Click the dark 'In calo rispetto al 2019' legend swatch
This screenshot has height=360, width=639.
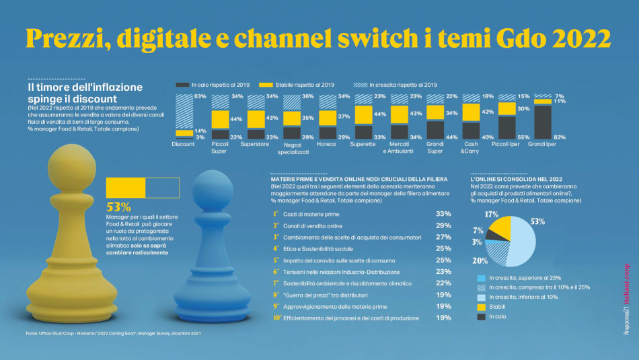coord(182,85)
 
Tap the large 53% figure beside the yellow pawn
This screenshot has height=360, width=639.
coord(119,207)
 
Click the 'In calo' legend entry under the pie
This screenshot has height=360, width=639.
coord(498,316)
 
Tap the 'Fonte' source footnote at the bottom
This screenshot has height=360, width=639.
coord(108,332)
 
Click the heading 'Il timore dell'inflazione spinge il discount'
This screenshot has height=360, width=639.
coord(85,92)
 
